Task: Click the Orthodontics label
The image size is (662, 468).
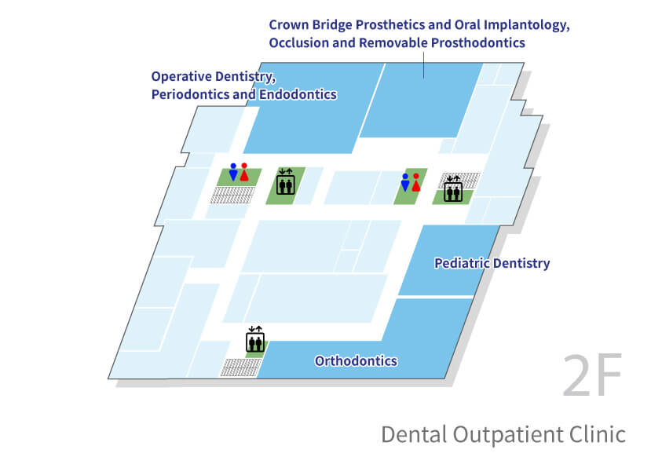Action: (x=356, y=360)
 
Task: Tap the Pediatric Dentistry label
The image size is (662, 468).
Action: (x=492, y=263)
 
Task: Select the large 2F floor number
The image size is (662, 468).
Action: (x=593, y=375)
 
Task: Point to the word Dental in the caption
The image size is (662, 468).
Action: (x=414, y=434)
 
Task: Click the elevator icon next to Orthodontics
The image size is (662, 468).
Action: (x=255, y=339)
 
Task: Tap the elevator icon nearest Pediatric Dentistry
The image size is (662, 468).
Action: (x=453, y=188)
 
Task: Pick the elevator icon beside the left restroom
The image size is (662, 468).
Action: (x=286, y=181)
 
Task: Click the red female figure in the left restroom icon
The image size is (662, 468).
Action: (x=244, y=172)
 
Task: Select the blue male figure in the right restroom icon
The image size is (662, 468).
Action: (x=405, y=182)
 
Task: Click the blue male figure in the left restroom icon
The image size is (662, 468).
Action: (x=233, y=172)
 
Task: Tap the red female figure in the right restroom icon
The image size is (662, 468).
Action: (x=416, y=182)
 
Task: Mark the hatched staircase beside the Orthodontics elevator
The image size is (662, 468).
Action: (x=240, y=367)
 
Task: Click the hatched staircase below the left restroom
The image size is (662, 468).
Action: (x=232, y=195)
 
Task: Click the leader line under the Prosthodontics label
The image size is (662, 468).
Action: (x=424, y=64)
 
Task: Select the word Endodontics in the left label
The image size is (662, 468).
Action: (x=298, y=94)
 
